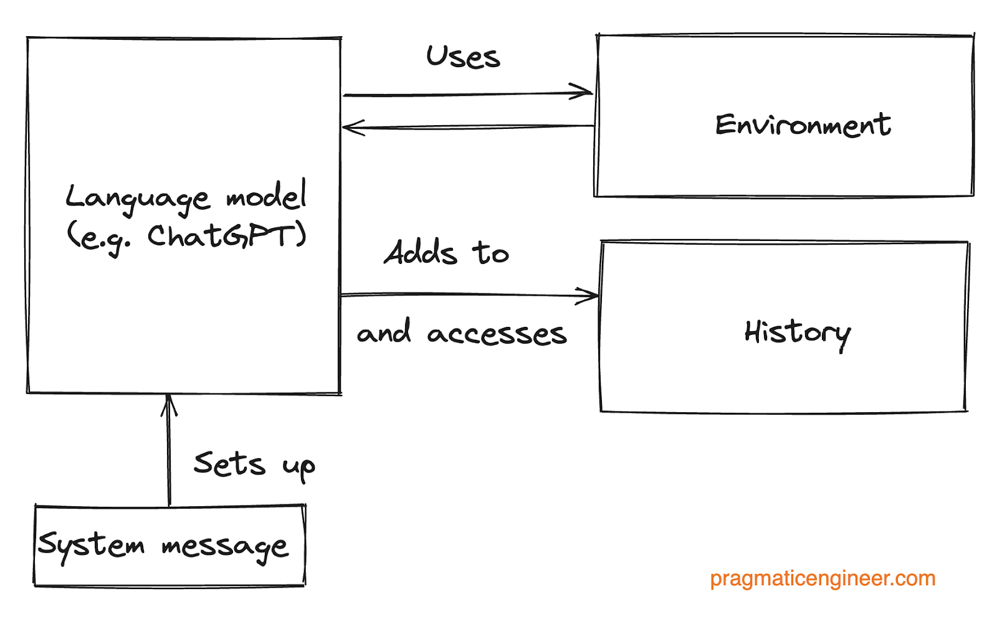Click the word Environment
click(x=803, y=125)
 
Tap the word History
click(x=797, y=333)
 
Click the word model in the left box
click(x=266, y=196)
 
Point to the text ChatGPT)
click(x=227, y=236)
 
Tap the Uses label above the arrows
click(x=463, y=57)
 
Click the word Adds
click(x=421, y=253)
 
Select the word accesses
click(x=497, y=334)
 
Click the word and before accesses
click(x=384, y=332)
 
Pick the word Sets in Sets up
click(x=229, y=464)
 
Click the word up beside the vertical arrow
click(x=298, y=467)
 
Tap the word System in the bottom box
click(x=91, y=545)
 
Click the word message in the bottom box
click(x=225, y=547)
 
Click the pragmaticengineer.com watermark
click(x=823, y=578)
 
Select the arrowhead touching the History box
click(x=589, y=296)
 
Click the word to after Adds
click(x=490, y=253)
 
